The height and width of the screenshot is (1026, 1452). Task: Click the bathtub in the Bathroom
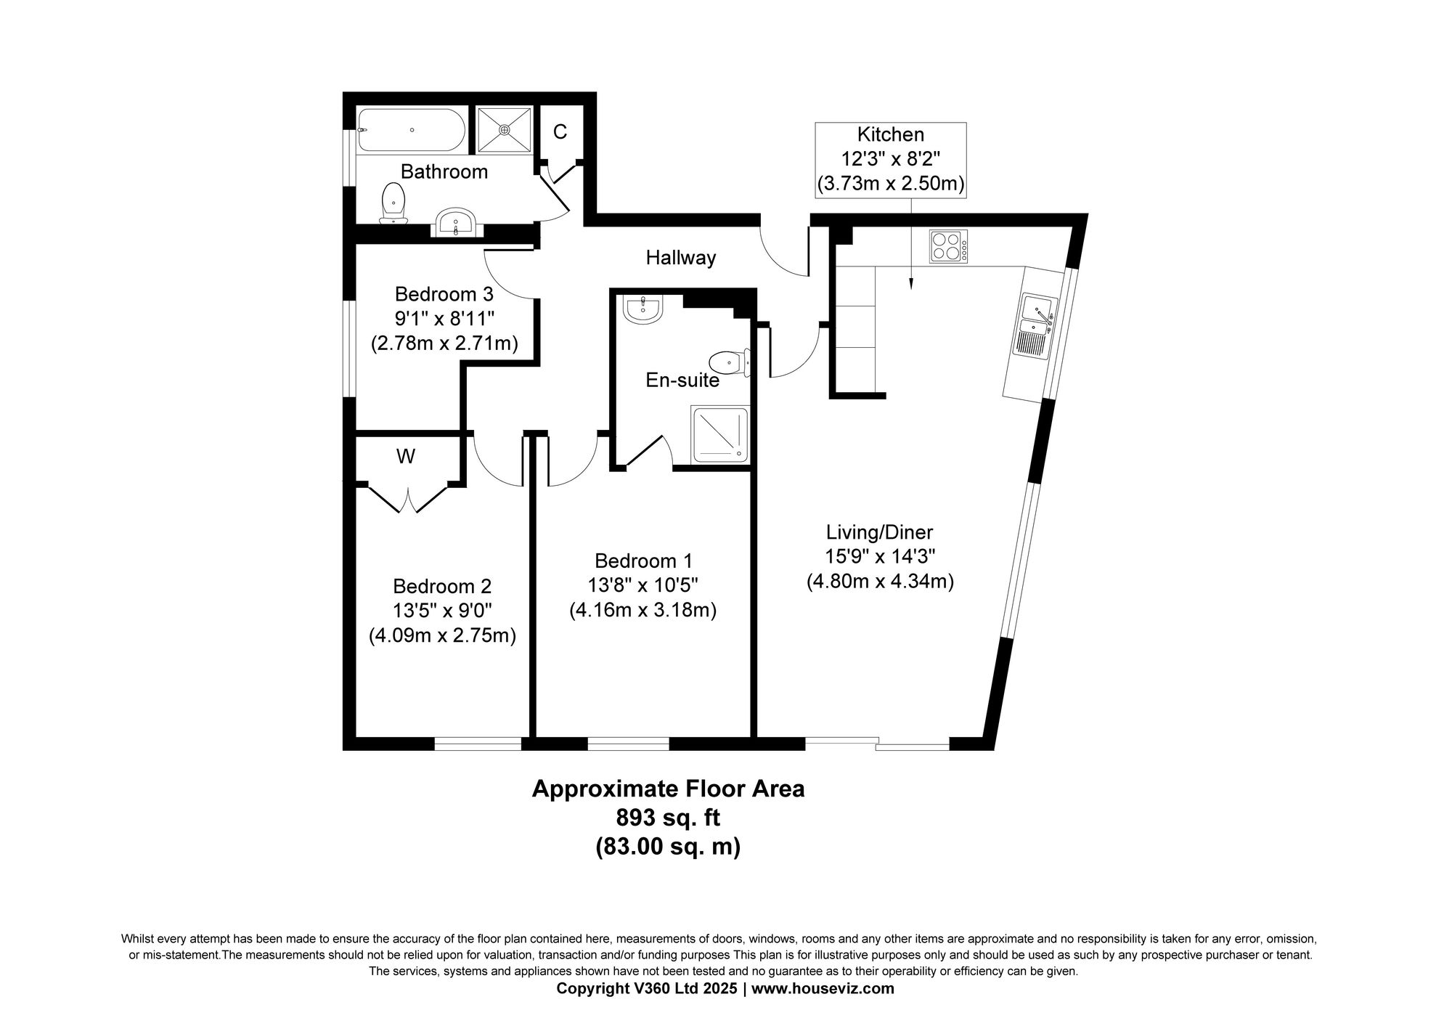[x=412, y=130]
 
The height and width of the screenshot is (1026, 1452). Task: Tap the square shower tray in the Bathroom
[x=505, y=130]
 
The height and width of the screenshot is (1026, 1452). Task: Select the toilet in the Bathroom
[x=393, y=203]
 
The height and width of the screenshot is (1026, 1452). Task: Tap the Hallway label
[x=681, y=258]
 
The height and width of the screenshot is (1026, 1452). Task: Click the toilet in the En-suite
[x=729, y=362]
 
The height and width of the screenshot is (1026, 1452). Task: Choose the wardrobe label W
[x=406, y=457]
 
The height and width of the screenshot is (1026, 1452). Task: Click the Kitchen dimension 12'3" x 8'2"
[x=891, y=159]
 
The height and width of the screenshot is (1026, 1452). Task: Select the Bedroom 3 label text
[x=444, y=294]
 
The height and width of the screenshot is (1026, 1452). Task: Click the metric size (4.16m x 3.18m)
[x=643, y=610]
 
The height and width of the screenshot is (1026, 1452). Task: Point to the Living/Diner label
[x=880, y=532]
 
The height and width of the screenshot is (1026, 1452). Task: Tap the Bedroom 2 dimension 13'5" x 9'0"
[x=442, y=611]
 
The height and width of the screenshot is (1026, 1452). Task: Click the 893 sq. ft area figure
[x=668, y=818]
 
